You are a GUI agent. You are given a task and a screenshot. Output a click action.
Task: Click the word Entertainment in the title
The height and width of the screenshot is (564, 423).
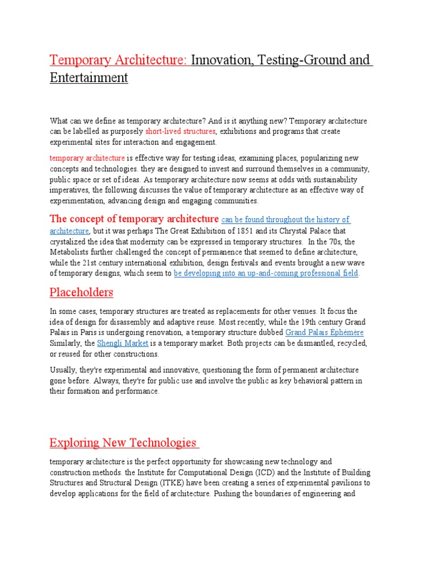(89, 78)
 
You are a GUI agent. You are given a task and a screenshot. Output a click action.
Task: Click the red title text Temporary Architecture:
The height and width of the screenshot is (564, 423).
(120, 60)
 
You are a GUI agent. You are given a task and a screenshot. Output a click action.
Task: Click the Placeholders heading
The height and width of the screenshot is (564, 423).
(82, 292)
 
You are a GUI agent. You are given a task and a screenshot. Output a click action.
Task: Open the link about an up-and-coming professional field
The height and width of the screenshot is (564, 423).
(266, 273)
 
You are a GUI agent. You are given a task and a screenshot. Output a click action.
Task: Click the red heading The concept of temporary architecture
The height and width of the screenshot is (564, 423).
(134, 219)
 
